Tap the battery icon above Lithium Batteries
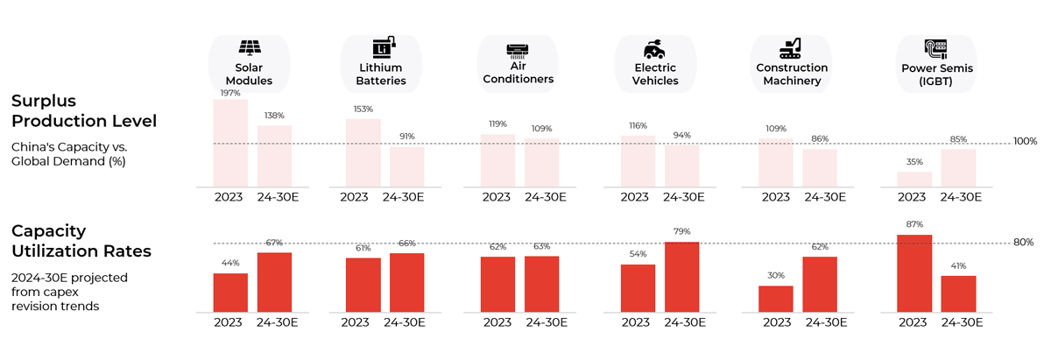point(383,47)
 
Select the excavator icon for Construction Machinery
point(791,47)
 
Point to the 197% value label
point(230,92)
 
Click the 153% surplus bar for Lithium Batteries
point(363,152)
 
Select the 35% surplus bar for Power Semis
point(914,179)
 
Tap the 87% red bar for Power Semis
point(914,273)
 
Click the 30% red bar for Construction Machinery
point(776,299)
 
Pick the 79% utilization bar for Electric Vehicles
point(682,277)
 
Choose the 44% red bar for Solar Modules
point(230,293)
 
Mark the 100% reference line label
point(1025,142)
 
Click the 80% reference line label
point(1024,243)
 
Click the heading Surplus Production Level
point(83,110)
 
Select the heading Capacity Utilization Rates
point(81,241)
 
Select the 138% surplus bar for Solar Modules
point(274,156)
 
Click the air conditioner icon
point(518,49)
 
